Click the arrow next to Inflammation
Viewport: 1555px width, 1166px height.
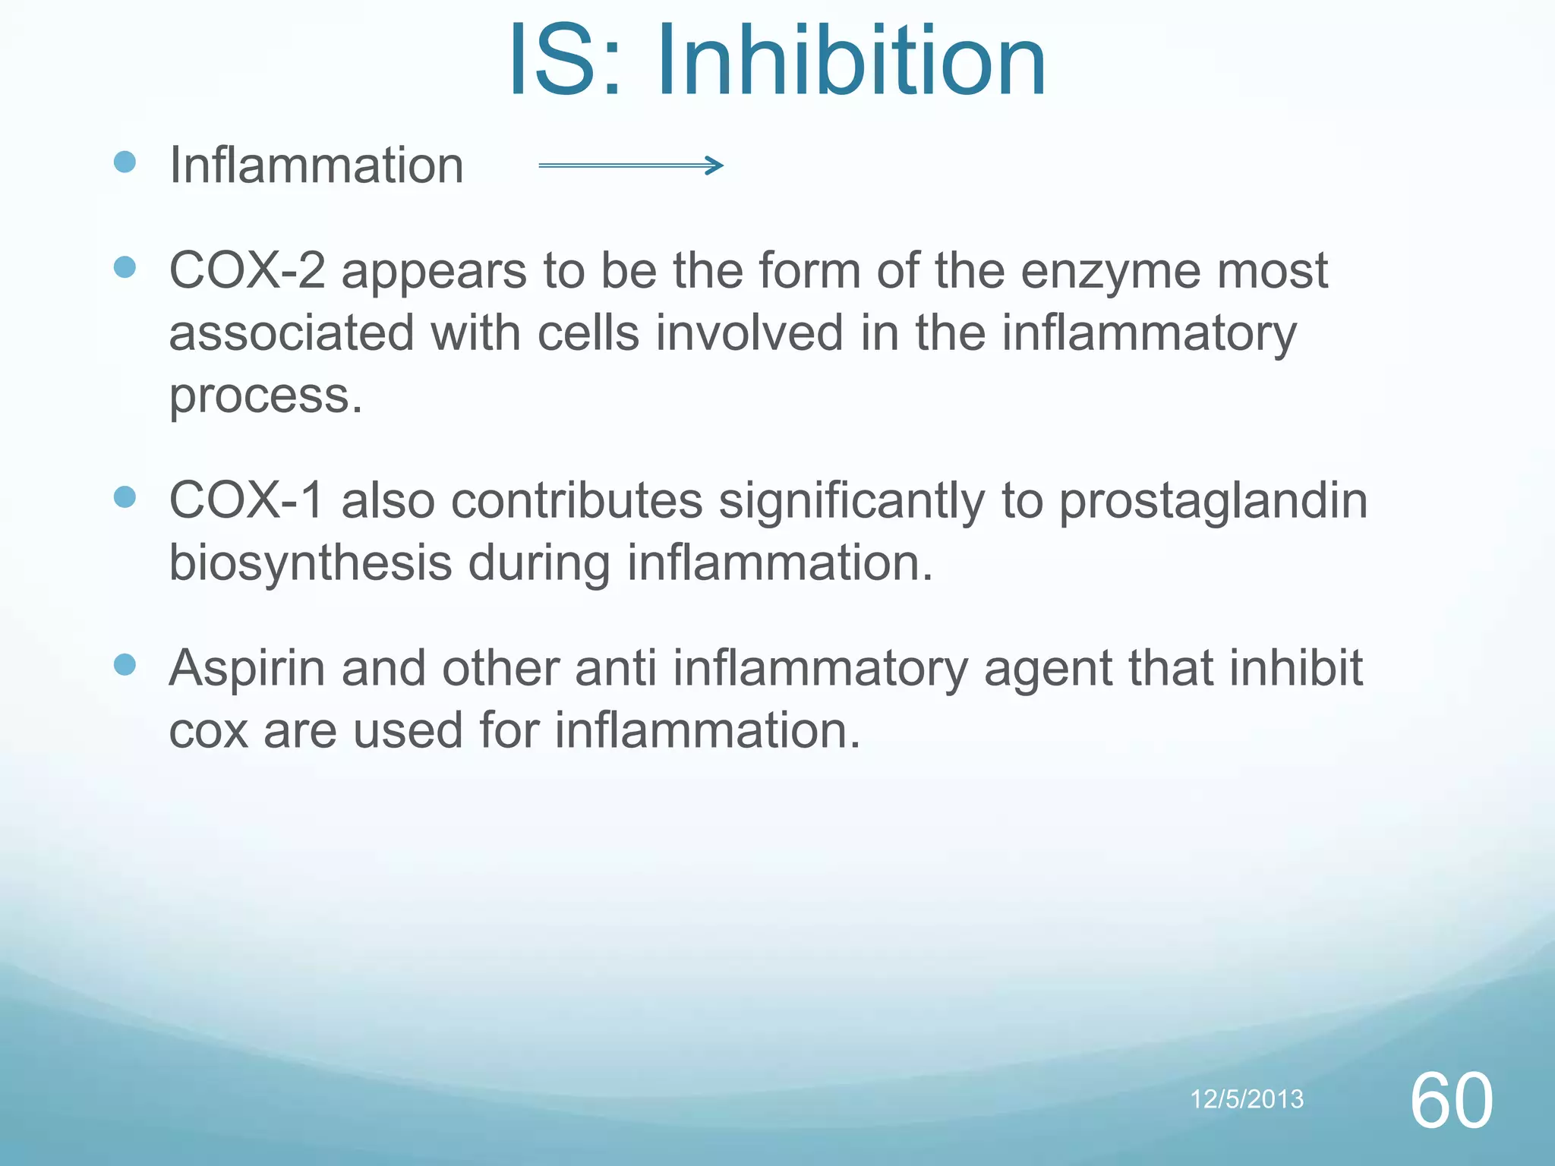tap(630, 165)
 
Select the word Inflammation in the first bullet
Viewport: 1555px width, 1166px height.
tap(316, 165)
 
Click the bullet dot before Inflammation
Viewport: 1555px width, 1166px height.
tap(125, 162)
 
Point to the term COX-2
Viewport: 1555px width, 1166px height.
tap(247, 271)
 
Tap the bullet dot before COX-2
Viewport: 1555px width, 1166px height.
tap(125, 267)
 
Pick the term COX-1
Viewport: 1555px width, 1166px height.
tap(247, 501)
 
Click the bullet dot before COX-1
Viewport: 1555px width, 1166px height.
tap(125, 497)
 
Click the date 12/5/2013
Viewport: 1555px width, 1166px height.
tap(1247, 1099)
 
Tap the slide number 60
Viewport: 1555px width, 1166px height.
tap(1451, 1101)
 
